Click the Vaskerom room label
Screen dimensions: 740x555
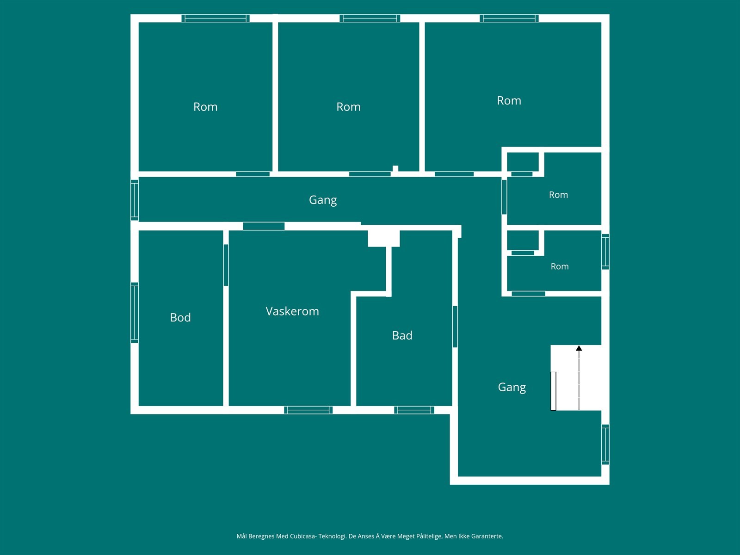click(292, 311)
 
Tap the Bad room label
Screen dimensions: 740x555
click(402, 335)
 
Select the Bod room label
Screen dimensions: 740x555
click(180, 317)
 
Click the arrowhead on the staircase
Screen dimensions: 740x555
click(579, 348)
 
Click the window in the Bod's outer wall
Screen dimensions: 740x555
click(135, 313)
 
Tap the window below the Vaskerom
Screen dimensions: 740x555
click(308, 410)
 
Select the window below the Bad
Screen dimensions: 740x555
click(414, 410)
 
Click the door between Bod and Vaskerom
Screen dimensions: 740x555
click(226, 265)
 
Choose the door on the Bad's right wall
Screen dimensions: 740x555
click(455, 326)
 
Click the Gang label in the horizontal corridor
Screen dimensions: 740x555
click(323, 200)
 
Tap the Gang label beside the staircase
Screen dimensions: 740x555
click(512, 387)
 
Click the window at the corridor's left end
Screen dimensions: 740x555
click(135, 200)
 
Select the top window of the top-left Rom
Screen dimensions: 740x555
click(216, 18)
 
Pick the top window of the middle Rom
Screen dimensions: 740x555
click(370, 18)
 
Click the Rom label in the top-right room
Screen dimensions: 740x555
click(509, 100)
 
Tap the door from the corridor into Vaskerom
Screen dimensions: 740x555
click(264, 226)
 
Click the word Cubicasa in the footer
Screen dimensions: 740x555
click(303, 536)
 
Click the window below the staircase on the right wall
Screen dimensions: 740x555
click(605, 444)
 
